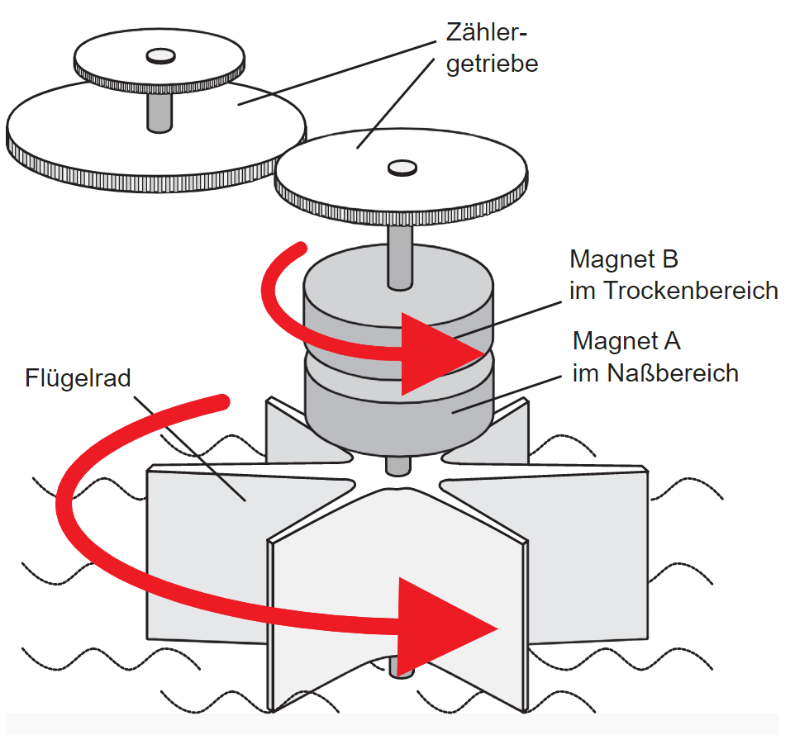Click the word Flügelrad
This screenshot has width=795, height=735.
(79, 379)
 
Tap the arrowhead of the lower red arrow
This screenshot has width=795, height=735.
(446, 624)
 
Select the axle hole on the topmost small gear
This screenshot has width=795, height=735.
(159, 55)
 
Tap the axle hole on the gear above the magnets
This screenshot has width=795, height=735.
(402, 168)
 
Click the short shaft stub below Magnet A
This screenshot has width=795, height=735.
(397, 465)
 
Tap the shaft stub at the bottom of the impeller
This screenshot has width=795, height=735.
(400, 665)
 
